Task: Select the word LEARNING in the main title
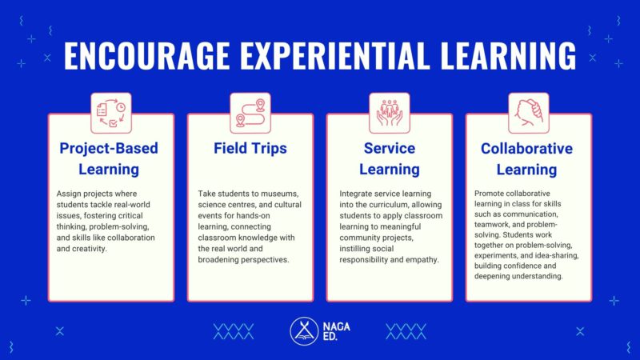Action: pyautogui.click(x=509, y=57)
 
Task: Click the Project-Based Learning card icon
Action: pyautogui.click(x=111, y=113)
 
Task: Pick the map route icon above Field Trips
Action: pyautogui.click(x=250, y=113)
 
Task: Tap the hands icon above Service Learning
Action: pyautogui.click(x=390, y=113)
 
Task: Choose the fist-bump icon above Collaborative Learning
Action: pyautogui.click(x=529, y=113)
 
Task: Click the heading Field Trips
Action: pyautogui.click(x=250, y=149)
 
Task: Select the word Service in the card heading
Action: pyautogui.click(x=390, y=149)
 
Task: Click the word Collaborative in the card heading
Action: pyautogui.click(x=526, y=149)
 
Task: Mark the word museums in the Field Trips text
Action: pyautogui.click(x=282, y=194)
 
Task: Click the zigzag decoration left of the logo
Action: pyautogui.click(x=233, y=331)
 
